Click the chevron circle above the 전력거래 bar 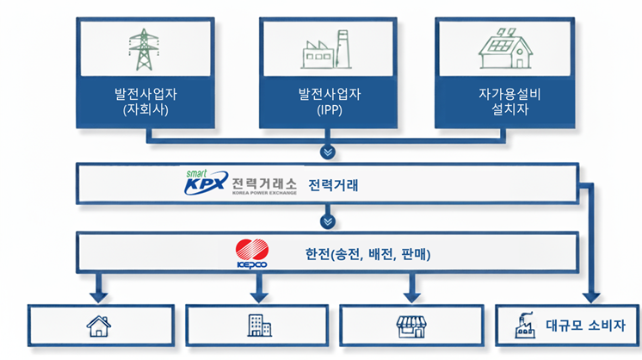[x=326, y=153]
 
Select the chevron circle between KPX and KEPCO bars [x=326, y=221]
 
